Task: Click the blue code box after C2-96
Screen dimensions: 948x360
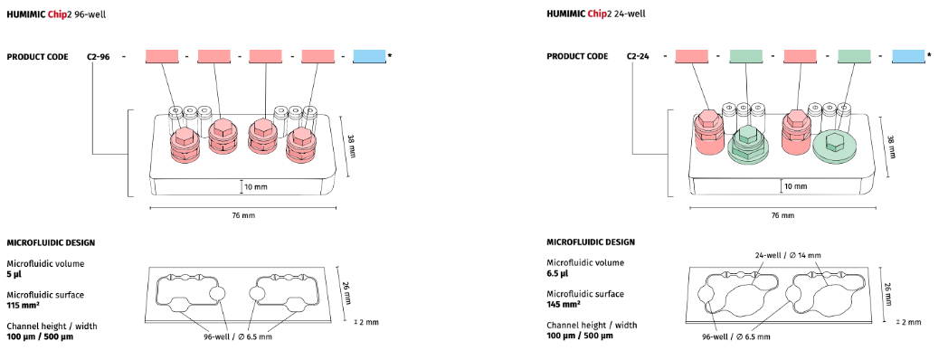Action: [x=369, y=56]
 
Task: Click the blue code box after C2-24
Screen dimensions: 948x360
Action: [x=909, y=56]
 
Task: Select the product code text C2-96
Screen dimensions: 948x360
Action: [x=98, y=57]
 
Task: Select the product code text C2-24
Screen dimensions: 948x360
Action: [x=638, y=57]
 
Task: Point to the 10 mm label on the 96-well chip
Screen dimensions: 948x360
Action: [x=256, y=187]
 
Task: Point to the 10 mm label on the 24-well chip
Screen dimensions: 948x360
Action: [x=796, y=186]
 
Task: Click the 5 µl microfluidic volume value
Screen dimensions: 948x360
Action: [x=14, y=274]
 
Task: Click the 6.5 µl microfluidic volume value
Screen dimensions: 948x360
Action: [x=557, y=273]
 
